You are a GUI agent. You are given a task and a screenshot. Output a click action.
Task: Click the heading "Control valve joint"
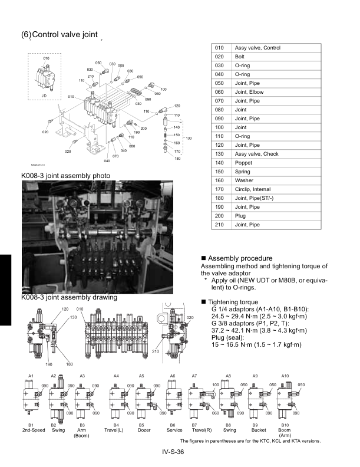click(65, 35)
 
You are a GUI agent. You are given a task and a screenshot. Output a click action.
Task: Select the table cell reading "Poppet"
click(243, 163)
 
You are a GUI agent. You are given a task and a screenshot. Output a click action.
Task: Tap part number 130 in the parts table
click(219, 154)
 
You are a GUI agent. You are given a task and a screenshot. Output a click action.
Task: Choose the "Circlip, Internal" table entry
click(253, 189)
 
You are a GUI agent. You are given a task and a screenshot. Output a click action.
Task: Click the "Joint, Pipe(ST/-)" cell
click(254, 198)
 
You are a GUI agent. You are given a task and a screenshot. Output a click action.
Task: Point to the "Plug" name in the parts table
click(240, 216)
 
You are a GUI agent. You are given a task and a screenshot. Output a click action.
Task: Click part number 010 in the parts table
click(219, 48)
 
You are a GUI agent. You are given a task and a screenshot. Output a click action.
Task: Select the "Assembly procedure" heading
click(240, 258)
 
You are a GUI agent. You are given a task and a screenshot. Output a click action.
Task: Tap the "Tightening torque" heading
click(233, 302)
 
